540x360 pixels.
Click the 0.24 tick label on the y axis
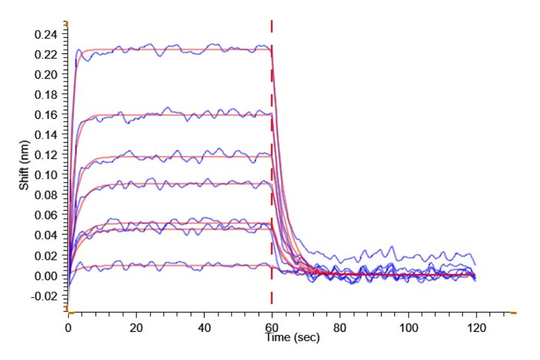click(x=47, y=35)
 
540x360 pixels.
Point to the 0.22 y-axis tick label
click(x=47, y=55)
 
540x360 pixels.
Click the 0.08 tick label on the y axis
click(x=47, y=195)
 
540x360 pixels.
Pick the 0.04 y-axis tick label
click(x=47, y=235)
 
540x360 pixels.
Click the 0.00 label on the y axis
click(x=47, y=275)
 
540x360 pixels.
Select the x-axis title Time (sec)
click(x=293, y=338)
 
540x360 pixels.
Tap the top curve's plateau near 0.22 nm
click(x=180, y=49)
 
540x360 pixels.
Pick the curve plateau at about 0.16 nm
click(x=180, y=115)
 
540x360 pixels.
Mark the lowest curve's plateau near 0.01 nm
click(x=180, y=265)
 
